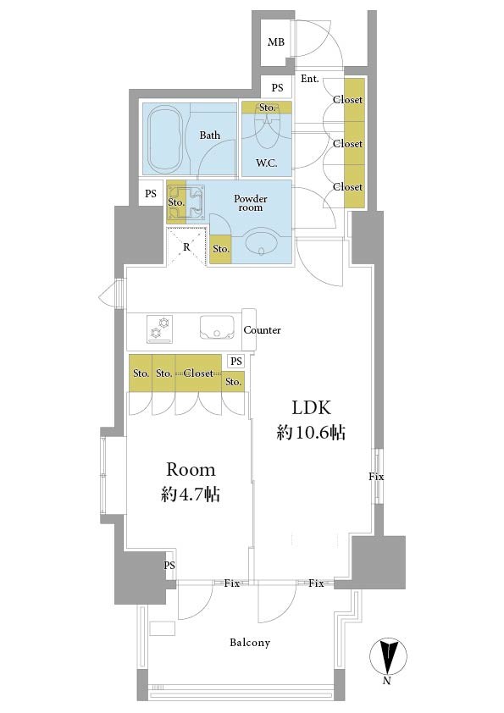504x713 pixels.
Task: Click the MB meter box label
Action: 276,42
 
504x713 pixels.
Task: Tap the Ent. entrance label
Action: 310,79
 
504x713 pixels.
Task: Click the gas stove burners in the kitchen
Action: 160,329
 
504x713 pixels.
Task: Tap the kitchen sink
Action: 218,328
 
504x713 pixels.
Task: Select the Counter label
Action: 262,330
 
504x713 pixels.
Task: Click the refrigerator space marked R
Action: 186,246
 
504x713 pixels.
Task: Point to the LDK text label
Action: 311,408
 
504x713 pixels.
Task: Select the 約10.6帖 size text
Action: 311,433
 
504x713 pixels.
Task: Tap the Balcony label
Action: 250,643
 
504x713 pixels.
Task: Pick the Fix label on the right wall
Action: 376,477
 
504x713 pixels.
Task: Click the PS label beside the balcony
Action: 169,566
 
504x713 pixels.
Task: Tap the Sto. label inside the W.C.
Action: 267,108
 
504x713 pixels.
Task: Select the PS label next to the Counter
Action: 235,362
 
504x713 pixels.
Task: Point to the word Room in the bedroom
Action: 191,469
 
